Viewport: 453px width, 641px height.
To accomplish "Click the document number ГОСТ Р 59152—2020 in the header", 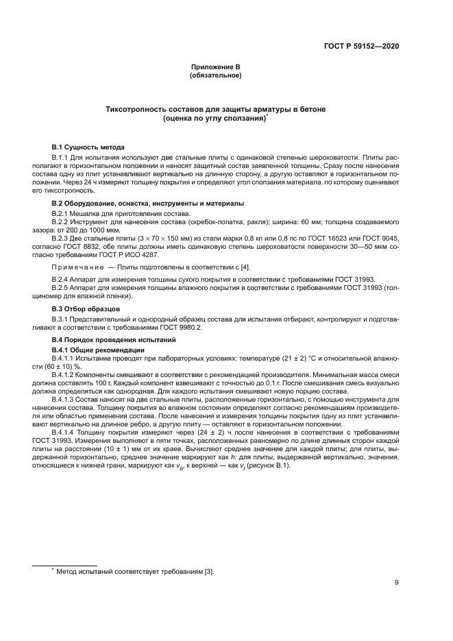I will (361, 46).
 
